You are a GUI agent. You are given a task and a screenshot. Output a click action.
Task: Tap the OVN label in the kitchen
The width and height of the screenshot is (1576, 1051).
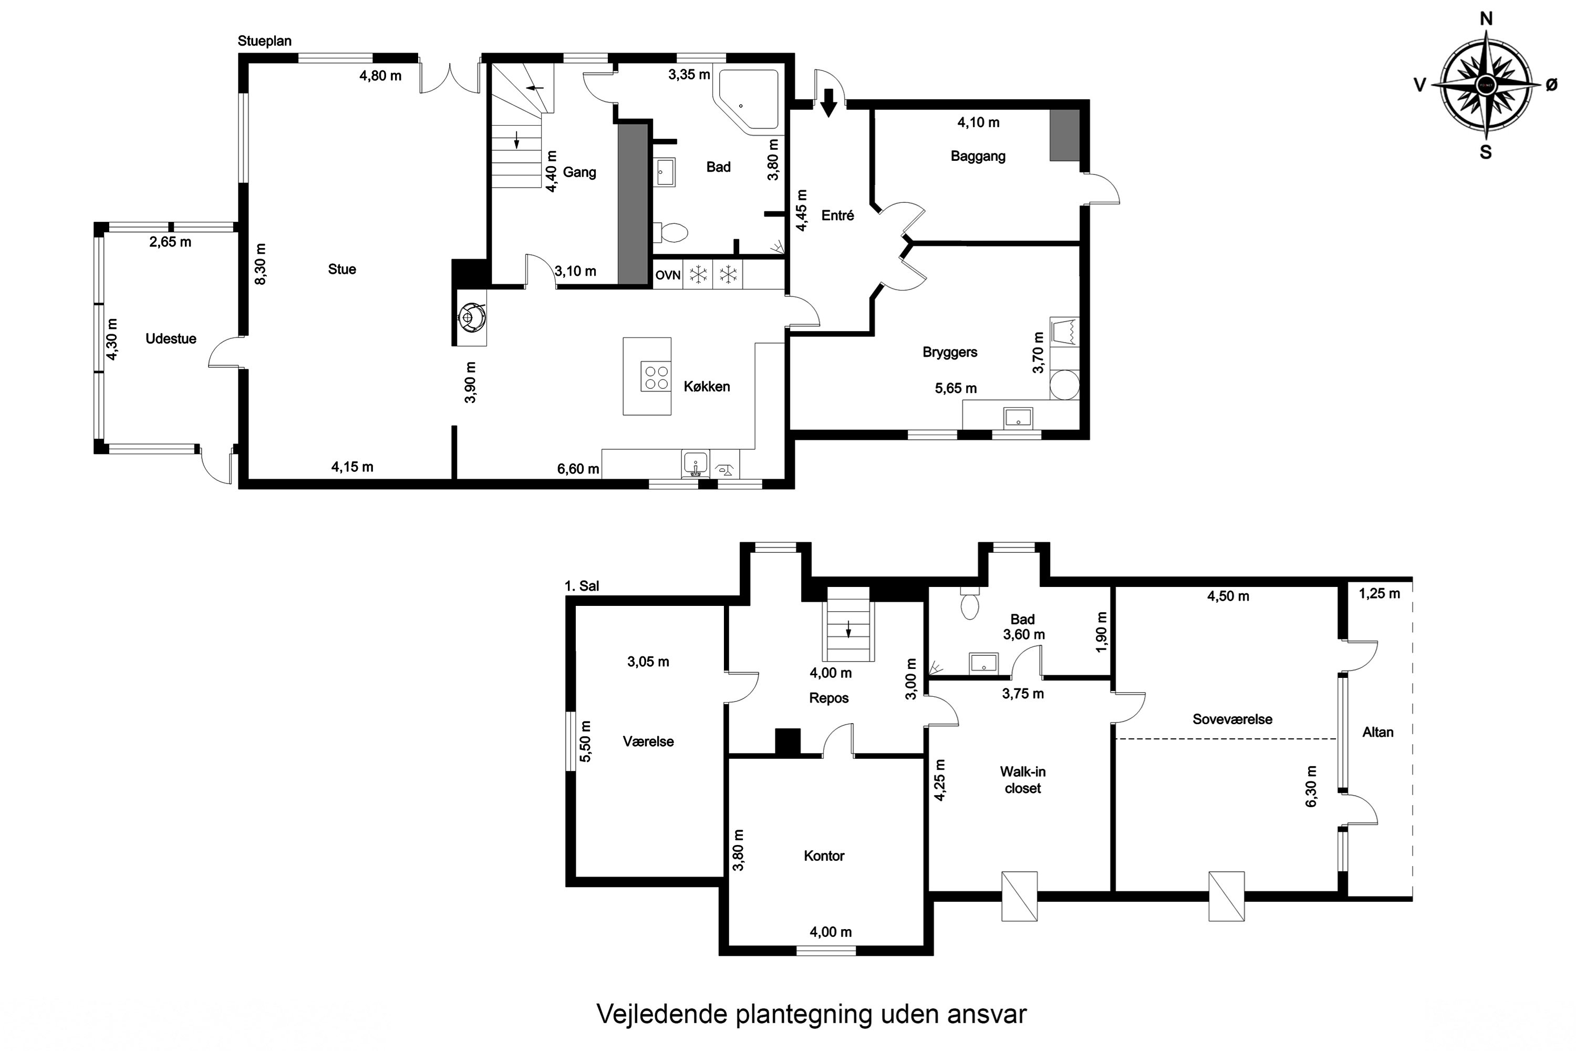(x=667, y=275)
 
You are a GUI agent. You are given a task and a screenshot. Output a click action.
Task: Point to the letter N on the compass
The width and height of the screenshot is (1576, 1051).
(x=1486, y=19)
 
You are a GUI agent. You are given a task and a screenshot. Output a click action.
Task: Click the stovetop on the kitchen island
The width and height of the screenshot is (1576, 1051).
(x=655, y=377)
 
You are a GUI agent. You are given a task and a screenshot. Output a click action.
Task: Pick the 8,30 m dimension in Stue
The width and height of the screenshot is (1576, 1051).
(x=261, y=264)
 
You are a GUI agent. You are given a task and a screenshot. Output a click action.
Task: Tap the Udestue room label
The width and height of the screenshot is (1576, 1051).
(x=171, y=339)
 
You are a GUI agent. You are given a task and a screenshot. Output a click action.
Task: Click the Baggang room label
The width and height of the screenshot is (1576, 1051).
(x=978, y=156)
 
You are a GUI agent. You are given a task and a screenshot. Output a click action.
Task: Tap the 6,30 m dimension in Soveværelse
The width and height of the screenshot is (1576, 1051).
(x=1311, y=786)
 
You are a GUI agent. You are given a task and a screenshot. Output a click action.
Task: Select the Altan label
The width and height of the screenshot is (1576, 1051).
(x=1377, y=733)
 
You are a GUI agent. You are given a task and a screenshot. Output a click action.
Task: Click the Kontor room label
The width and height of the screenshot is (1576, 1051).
(x=824, y=856)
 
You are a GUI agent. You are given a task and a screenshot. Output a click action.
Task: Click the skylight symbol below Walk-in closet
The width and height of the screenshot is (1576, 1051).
(x=1019, y=896)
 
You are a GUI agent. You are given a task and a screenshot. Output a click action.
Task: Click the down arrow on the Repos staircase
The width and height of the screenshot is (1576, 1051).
(x=848, y=630)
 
